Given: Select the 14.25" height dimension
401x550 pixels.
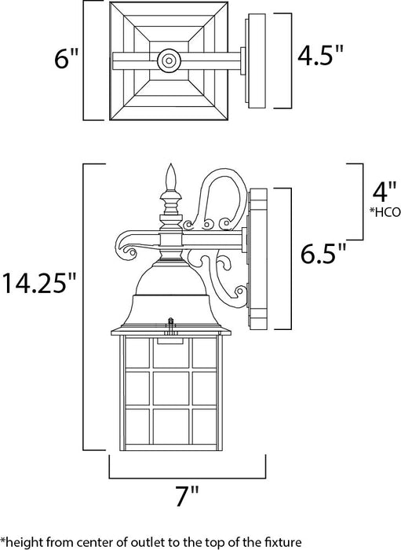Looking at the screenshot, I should point(41,281).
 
